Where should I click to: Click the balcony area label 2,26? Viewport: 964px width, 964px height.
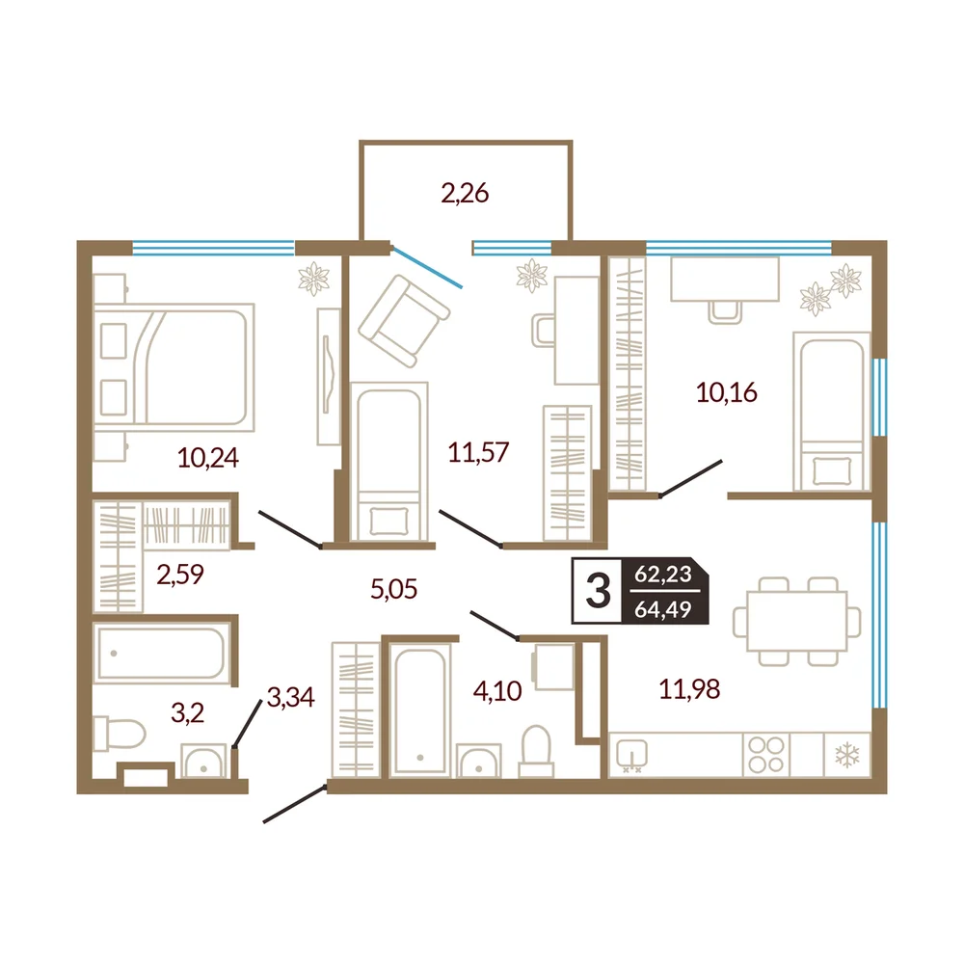(x=465, y=193)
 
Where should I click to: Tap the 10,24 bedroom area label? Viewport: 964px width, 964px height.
(x=208, y=458)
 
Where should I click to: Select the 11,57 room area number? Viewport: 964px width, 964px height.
(x=478, y=452)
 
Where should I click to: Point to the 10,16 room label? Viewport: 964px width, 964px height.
(x=727, y=392)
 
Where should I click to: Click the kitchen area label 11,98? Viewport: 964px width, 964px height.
(x=689, y=689)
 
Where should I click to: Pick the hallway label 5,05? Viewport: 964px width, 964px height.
(x=394, y=589)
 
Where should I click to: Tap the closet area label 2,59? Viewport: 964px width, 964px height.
(x=180, y=575)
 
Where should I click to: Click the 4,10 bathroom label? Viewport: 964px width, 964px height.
(x=497, y=691)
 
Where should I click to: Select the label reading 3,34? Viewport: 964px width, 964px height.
(x=291, y=697)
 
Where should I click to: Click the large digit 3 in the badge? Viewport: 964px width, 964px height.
(x=598, y=591)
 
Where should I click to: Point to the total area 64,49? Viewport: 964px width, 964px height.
(x=663, y=609)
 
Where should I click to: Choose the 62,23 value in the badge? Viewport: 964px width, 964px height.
(x=663, y=574)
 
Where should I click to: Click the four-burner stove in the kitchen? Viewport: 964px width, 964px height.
(x=766, y=755)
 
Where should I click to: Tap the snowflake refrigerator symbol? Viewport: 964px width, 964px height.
(x=846, y=755)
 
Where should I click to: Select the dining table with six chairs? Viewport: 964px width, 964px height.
(x=797, y=622)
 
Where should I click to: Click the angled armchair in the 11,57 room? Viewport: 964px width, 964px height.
(x=404, y=321)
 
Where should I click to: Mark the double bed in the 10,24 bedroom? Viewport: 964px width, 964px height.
(x=174, y=367)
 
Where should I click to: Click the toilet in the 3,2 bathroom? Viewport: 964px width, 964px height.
(x=119, y=734)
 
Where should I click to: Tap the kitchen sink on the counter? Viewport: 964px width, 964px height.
(x=631, y=755)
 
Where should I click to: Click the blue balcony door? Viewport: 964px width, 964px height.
(x=427, y=267)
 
